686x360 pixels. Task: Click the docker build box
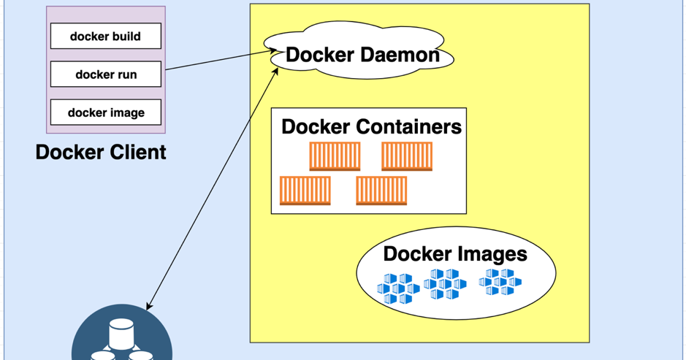[105, 37]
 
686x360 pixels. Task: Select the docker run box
[105, 74]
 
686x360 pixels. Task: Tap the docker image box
[105, 112]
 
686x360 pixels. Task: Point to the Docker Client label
[101, 152]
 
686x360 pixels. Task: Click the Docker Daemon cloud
[362, 55]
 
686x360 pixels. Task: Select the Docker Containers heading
[371, 126]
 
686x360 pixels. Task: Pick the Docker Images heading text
[454, 254]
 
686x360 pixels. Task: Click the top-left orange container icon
[335, 156]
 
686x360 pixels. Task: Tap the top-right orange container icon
[407, 156]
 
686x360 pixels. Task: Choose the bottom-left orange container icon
[305, 191]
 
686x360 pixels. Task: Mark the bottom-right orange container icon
[381, 191]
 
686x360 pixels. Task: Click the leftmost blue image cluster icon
[397, 288]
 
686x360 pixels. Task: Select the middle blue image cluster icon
[444, 283]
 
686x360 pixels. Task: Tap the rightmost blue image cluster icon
[500, 282]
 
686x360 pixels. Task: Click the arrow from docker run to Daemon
[219, 61]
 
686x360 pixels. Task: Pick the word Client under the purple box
[138, 152]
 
